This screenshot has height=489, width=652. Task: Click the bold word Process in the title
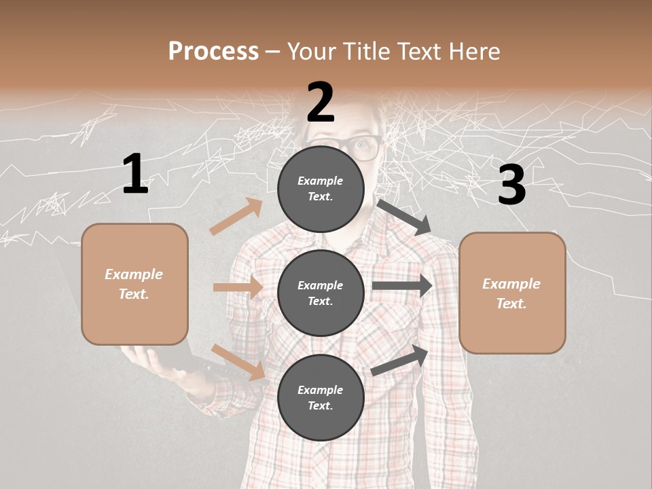click(x=213, y=52)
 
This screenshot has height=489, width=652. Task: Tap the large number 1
click(x=135, y=174)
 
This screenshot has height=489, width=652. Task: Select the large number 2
click(x=321, y=103)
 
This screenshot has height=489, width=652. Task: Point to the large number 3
click(x=511, y=185)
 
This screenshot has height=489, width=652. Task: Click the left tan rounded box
click(x=134, y=284)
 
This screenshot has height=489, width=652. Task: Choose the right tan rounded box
click(x=512, y=293)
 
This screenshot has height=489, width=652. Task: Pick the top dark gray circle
click(x=321, y=189)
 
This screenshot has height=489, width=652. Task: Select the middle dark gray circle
click(x=321, y=293)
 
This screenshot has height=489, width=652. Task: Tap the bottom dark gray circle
click(x=321, y=397)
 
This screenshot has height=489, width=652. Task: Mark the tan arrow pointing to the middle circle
click(x=238, y=287)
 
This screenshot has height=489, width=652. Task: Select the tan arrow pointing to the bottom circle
click(x=238, y=361)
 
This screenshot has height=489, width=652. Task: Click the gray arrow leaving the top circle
click(x=404, y=217)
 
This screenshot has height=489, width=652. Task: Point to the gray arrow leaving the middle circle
click(x=402, y=286)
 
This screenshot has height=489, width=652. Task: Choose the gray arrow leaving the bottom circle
click(x=400, y=361)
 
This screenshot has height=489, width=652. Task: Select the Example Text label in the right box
click(x=511, y=293)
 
